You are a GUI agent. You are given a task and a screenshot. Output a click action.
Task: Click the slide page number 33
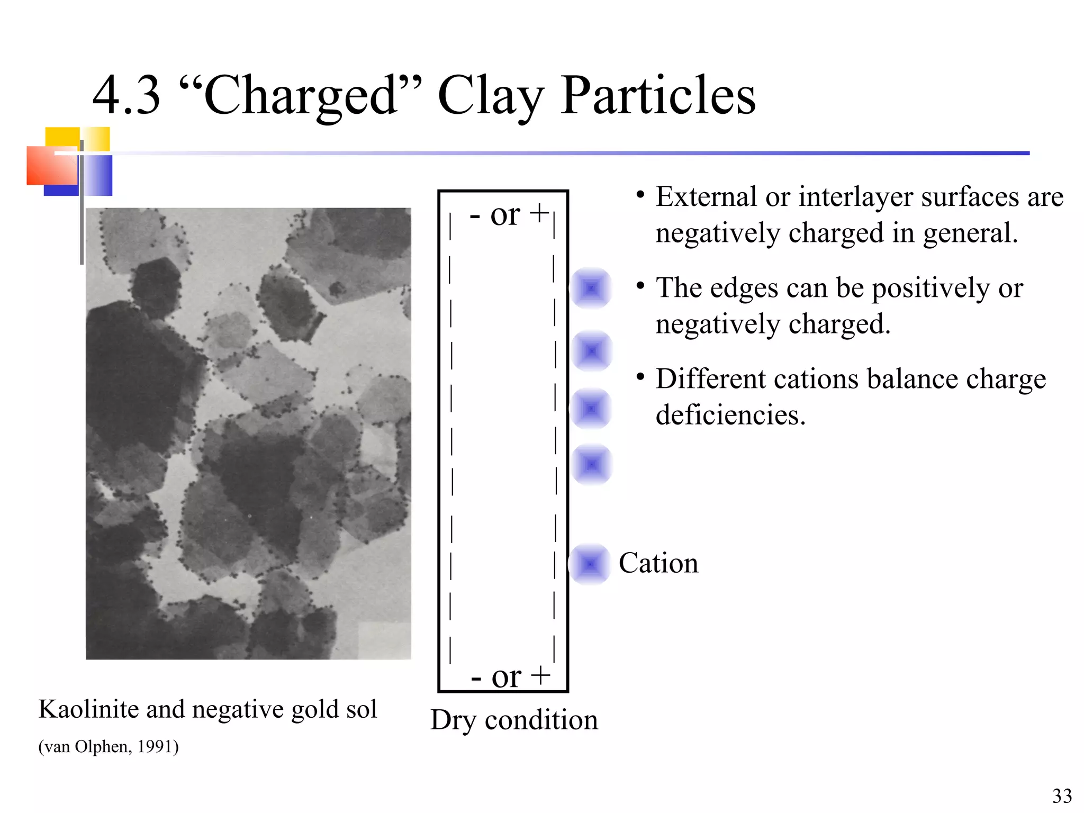pos(1062,796)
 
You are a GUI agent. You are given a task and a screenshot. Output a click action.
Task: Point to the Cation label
pos(658,563)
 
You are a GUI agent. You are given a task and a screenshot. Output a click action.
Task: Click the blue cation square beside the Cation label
pos(590,564)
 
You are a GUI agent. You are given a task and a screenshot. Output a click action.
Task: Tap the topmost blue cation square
pos(591,288)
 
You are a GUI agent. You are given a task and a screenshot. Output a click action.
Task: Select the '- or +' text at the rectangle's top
pos(509,214)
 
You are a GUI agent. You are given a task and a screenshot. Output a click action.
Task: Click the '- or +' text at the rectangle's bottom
pos(510,676)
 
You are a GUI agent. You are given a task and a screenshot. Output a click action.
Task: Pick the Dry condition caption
pos(514,720)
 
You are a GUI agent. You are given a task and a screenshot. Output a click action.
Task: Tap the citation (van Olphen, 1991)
pos(109,746)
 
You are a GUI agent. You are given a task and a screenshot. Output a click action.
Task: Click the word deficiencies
pos(730,415)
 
